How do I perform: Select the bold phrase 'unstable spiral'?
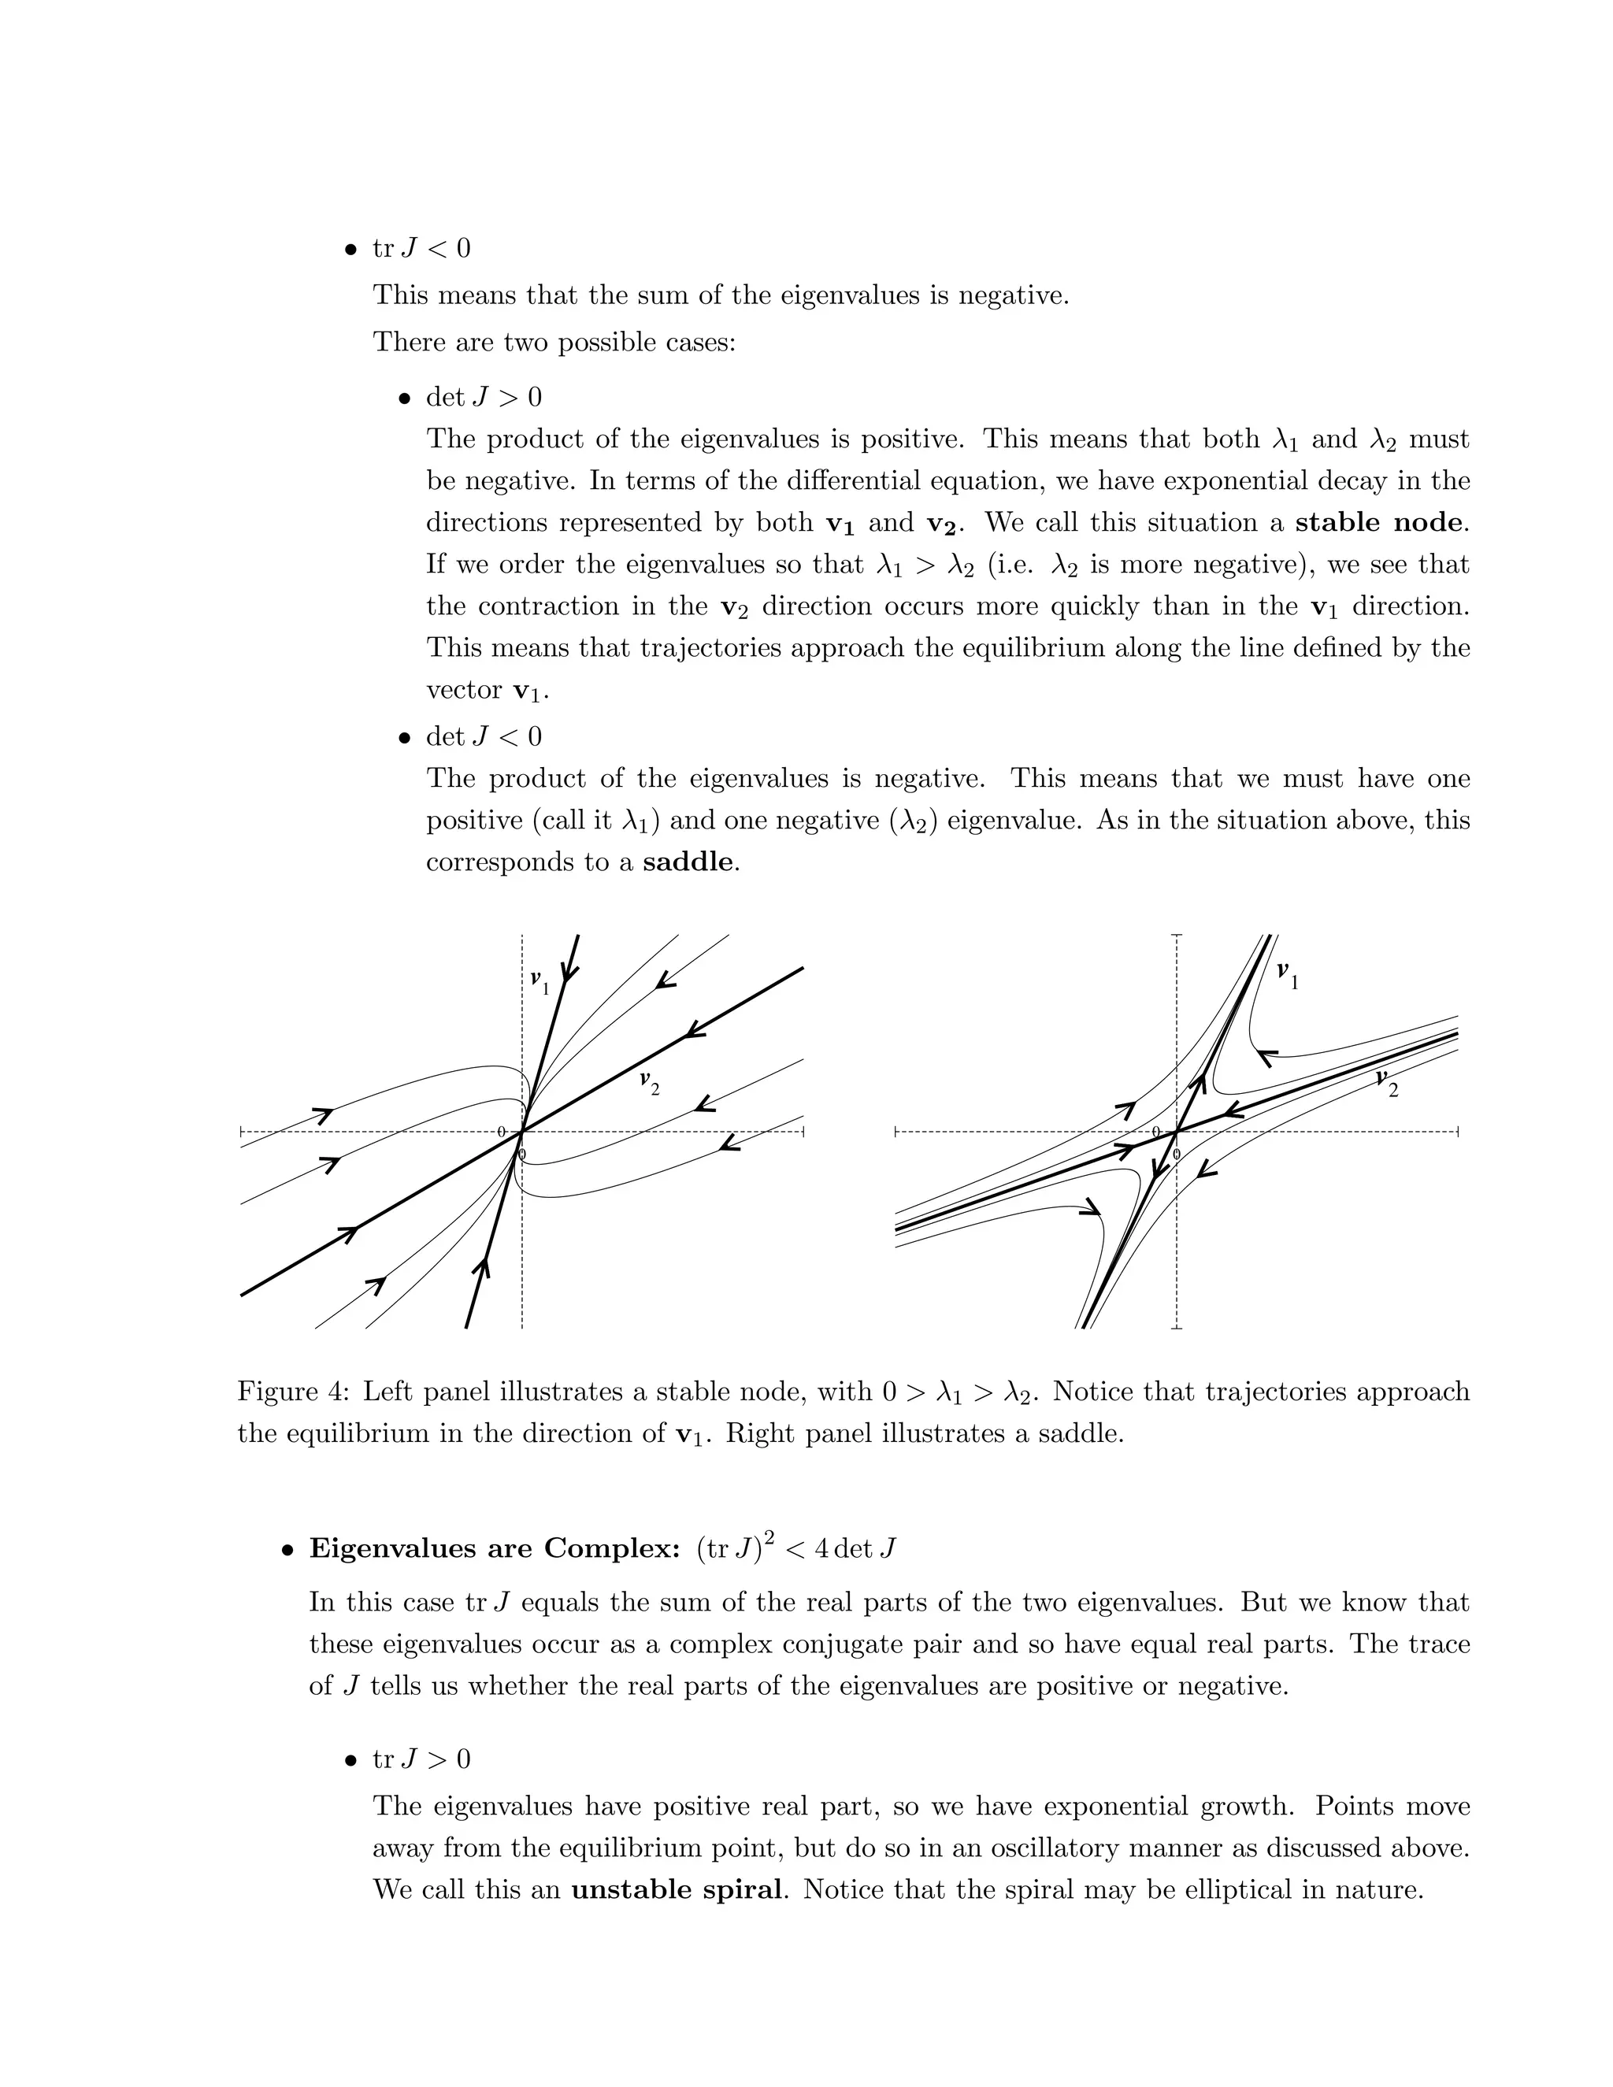coord(676,1889)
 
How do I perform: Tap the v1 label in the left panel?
coord(540,981)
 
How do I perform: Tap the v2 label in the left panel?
coord(650,1083)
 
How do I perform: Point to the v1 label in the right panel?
coord(1288,975)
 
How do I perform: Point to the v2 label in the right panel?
coord(1386,1084)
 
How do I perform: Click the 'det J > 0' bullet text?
coord(484,397)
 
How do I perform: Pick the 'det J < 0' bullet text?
coord(484,737)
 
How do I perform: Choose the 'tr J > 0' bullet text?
coord(421,1759)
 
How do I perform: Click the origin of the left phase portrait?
coord(521,1132)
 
